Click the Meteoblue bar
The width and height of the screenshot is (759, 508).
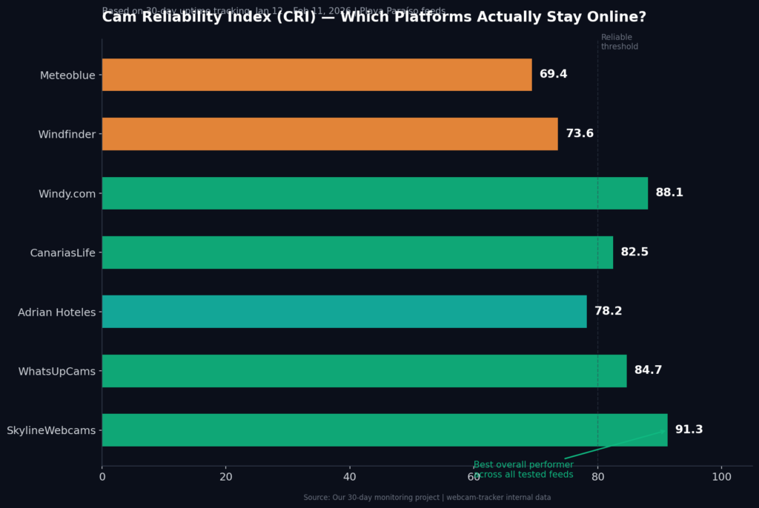(316, 75)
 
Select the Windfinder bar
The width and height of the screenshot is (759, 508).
(330, 134)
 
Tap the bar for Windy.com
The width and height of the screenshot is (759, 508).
(374, 193)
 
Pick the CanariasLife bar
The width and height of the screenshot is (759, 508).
(357, 253)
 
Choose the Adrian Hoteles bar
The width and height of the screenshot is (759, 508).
(344, 312)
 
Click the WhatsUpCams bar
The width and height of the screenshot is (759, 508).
(364, 371)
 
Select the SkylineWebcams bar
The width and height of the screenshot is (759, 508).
(384, 430)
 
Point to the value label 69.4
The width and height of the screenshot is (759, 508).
(553, 74)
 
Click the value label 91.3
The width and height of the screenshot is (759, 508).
(689, 430)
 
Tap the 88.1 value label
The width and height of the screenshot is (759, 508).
(669, 193)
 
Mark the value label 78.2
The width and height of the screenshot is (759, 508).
(608, 311)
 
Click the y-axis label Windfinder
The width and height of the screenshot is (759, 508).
(67, 134)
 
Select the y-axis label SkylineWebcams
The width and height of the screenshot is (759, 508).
(51, 430)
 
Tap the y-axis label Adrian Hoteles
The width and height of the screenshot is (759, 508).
(57, 312)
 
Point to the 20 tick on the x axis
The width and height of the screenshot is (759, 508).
(226, 477)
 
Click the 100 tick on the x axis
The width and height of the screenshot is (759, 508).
(721, 477)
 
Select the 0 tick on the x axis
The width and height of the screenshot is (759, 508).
(102, 477)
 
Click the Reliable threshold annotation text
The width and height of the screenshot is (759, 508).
(619, 42)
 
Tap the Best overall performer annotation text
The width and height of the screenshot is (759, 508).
(523, 469)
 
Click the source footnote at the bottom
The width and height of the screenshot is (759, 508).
(427, 498)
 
